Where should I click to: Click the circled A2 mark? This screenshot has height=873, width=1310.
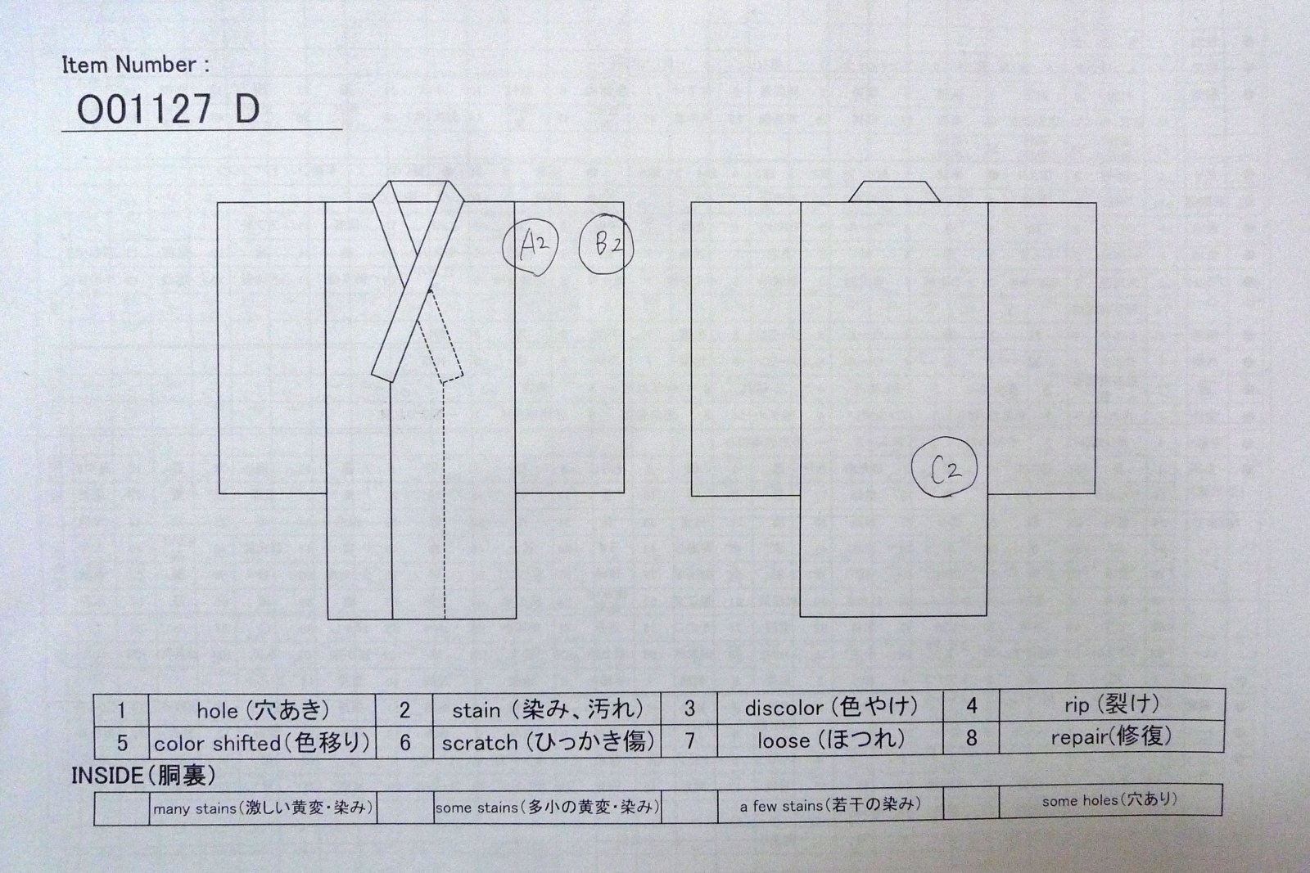pos(531,246)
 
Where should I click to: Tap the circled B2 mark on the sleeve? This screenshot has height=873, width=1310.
pos(606,245)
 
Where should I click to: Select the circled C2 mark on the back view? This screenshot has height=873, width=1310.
pos(945,467)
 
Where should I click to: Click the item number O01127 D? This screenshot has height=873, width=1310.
pos(169,110)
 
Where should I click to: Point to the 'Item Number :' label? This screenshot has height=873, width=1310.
pos(136,65)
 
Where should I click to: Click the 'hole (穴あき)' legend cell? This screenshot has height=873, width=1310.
pos(262,710)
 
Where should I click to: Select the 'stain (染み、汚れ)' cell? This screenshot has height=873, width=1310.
pos(548,709)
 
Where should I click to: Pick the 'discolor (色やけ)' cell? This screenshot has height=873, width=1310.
pos(830,708)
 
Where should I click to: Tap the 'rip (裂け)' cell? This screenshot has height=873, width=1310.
pos(1112,705)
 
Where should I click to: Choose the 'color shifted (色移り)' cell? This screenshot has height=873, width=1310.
pos(262,743)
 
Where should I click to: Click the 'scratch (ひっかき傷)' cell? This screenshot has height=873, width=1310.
pos(548,741)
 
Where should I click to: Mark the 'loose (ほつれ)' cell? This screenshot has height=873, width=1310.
pos(830,740)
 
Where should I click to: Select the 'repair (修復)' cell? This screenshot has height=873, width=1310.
pos(1112,737)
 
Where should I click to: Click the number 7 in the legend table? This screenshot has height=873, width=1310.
pos(689,741)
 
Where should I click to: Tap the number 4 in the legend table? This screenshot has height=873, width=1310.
pos(971,706)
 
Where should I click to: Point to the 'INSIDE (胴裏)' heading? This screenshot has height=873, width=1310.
pos(144,776)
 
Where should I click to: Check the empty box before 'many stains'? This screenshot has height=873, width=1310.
pos(122,808)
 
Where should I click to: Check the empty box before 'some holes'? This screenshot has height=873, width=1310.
pos(971,801)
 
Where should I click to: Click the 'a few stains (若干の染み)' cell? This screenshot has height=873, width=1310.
pos(830,805)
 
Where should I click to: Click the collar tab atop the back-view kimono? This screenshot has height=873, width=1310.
pos(894,191)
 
